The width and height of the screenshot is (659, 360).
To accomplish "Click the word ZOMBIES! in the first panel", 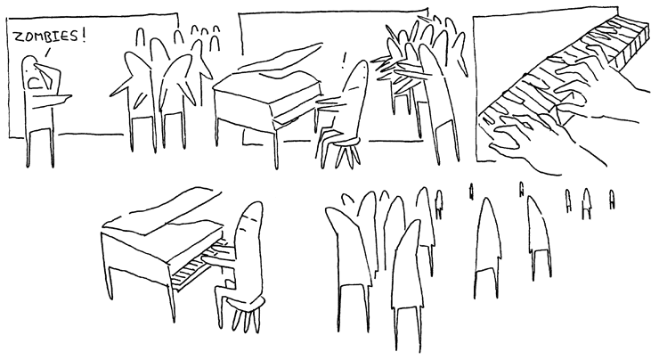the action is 50,37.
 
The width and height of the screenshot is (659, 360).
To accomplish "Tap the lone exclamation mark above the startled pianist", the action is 345,60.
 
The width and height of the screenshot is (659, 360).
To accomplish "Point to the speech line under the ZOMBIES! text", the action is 47,53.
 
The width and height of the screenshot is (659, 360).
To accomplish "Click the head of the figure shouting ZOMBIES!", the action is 30,68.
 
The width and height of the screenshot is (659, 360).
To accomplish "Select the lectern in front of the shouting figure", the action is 52,97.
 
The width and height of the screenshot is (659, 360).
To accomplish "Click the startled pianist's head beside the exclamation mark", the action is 358,78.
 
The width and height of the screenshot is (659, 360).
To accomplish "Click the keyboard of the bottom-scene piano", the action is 195,266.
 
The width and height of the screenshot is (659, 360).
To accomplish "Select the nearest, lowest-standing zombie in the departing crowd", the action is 408,286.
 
